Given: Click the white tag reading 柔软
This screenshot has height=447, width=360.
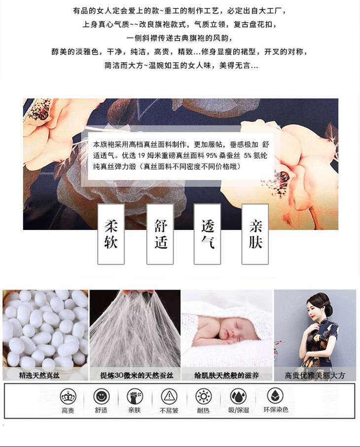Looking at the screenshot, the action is coord(111,234).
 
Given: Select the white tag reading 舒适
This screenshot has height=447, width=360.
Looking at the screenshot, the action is coord(160,234).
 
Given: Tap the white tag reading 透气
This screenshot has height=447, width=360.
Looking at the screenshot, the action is coord(207,234).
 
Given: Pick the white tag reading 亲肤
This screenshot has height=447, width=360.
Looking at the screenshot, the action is coord(255,234).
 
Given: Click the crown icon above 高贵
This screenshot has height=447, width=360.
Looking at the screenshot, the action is coord(68,397).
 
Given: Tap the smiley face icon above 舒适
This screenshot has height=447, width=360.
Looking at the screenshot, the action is coord(102,396).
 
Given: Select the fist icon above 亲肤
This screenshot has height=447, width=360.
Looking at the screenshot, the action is coord(135,396).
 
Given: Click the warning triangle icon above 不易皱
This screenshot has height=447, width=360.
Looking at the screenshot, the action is coord(169,396).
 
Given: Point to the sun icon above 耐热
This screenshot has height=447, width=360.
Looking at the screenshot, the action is coord(204,396).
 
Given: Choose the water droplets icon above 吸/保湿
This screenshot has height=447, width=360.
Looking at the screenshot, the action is coord(238,396).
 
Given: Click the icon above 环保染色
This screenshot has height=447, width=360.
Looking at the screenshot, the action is coord(275,396).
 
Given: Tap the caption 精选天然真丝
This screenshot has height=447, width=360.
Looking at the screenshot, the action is coord(39,375).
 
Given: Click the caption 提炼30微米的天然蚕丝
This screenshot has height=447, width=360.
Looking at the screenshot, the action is coord(137,375).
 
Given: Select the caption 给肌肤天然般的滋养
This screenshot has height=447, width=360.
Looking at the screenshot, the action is coord(227,375).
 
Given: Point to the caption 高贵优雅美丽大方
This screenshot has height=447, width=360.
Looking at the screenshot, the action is coord(315,375).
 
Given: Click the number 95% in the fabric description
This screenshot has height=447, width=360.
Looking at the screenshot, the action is coord(212,155).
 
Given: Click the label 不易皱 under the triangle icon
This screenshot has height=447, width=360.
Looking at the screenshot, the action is coord(169,410).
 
